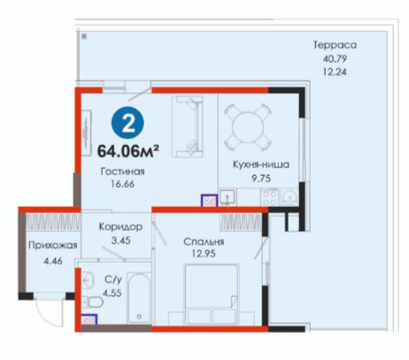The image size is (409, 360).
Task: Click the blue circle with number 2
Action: pyautogui.click(x=127, y=124)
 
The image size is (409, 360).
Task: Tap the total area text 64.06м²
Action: pyautogui.click(x=128, y=150)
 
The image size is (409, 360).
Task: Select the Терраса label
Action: pyautogui.click(x=335, y=45)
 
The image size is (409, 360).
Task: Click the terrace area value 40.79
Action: pyautogui.click(x=335, y=58)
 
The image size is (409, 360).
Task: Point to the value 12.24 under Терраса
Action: pyautogui.click(x=335, y=72)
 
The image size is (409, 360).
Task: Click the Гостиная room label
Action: pyautogui.click(x=123, y=172)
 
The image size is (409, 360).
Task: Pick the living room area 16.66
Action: pyautogui.click(x=123, y=184)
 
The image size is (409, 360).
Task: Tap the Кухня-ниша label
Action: pyautogui.click(x=261, y=165)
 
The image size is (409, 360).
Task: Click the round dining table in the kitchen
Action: pyautogui.click(x=248, y=127)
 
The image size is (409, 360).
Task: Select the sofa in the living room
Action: pyautogui.click(x=188, y=126)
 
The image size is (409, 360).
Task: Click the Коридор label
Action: pyautogui.click(x=120, y=226)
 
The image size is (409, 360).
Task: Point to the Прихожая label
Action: pyautogui.click(x=53, y=245)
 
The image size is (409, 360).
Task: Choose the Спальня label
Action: pyautogui.click(x=204, y=241)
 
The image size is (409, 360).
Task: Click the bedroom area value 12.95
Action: pyautogui.click(x=204, y=254)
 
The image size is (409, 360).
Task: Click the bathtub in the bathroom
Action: pyautogui.click(x=139, y=298)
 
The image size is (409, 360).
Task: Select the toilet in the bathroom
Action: pyautogui.click(x=92, y=303)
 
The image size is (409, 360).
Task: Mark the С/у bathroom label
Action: pyautogui.click(x=113, y=280)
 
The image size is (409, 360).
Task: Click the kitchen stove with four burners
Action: pyautogui.click(x=269, y=197)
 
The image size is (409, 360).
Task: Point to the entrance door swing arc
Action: pyautogui.click(x=44, y=318)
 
